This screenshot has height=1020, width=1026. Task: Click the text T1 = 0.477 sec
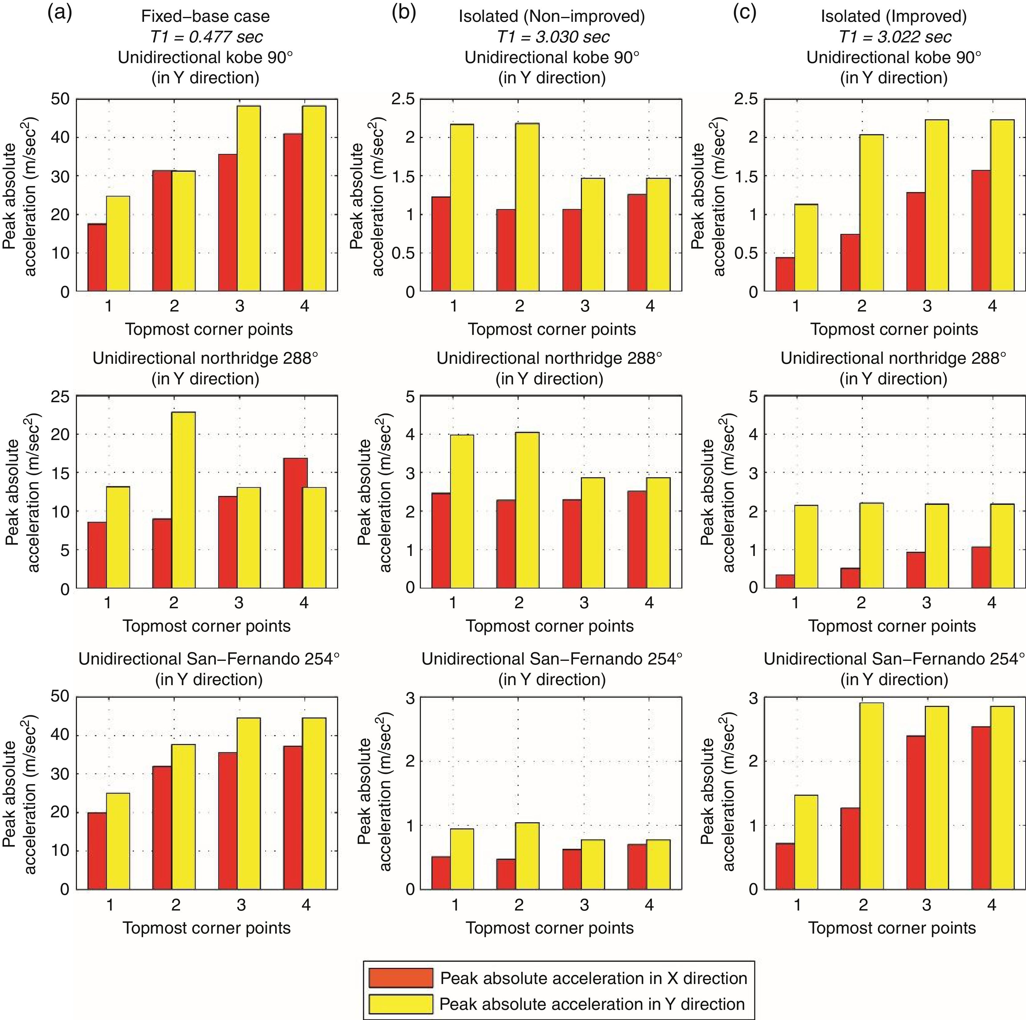click(206, 37)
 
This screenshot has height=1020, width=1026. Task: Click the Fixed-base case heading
click(206, 17)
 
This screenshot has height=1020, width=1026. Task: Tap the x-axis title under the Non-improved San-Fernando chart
click(550, 928)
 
